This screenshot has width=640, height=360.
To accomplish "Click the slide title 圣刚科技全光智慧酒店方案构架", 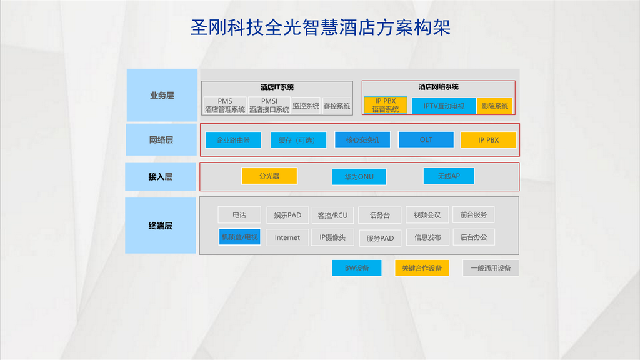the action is [321, 27].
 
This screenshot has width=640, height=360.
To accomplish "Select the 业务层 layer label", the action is [162, 95].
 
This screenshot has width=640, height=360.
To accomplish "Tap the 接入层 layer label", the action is [161, 176].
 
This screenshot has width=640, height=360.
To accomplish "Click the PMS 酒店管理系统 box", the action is [225, 105].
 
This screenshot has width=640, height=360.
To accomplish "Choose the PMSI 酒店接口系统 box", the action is [269, 105].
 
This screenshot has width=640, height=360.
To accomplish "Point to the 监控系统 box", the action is [306, 106].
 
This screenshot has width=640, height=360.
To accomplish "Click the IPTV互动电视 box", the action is [444, 106].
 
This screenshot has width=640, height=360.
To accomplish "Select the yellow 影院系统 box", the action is [495, 106].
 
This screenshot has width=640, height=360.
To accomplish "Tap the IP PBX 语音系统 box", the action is [385, 105].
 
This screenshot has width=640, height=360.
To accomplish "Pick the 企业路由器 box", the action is [233, 140].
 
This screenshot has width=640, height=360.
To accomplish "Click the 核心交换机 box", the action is [362, 139].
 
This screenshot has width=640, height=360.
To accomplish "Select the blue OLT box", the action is [426, 139].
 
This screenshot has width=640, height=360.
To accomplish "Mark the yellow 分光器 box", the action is [269, 176].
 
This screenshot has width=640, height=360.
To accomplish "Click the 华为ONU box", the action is [359, 177].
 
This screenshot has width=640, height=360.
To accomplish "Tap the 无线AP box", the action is [449, 176].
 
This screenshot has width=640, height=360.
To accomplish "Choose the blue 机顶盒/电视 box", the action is [239, 237].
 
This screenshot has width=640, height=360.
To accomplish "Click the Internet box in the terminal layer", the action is [287, 237].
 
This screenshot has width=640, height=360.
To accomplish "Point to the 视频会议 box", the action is [427, 215].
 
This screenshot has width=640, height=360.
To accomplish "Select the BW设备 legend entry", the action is [357, 268].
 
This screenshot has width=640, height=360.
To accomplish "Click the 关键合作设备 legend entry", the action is [422, 268].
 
